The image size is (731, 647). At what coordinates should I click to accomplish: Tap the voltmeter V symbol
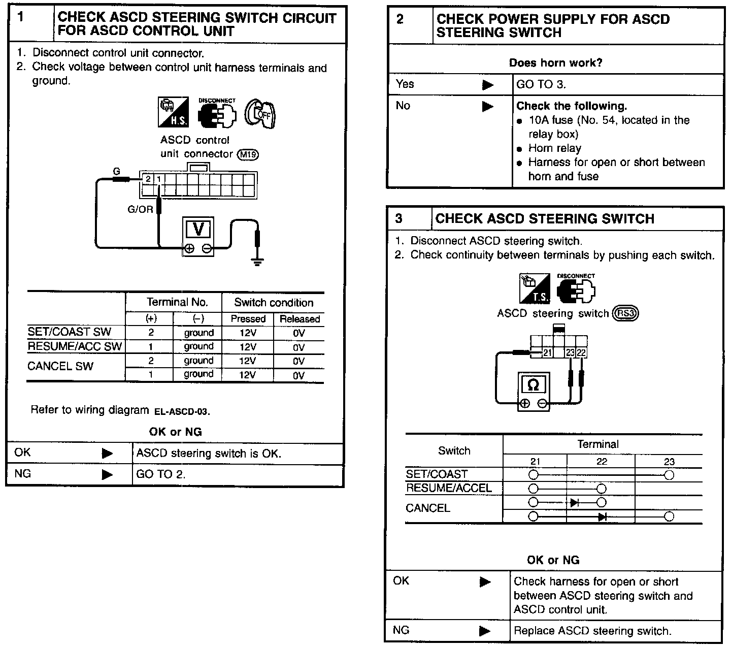[198, 230]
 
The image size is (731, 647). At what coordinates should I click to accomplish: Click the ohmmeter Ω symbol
[533, 385]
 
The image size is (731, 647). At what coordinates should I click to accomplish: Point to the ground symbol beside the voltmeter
[258, 262]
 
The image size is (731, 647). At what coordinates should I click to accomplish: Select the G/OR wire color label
[140, 209]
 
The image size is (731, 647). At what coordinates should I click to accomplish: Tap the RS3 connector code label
[625, 313]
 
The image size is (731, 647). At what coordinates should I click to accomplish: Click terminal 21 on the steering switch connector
[547, 353]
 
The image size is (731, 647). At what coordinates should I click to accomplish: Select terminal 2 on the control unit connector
[148, 179]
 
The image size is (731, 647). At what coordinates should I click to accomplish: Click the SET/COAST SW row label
[69, 332]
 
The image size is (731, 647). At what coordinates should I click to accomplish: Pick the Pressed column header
[248, 319]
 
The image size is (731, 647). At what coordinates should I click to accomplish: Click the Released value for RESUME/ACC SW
[299, 347]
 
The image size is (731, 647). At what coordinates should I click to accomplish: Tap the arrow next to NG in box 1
[107, 474]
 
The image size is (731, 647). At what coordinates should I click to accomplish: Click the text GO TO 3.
[541, 85]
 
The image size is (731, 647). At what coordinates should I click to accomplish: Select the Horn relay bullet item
[554, 148]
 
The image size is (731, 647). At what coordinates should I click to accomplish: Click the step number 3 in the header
[399, 218]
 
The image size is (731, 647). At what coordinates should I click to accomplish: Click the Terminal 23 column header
[669, 462]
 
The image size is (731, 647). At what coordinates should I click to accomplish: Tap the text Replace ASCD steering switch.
[592, 631]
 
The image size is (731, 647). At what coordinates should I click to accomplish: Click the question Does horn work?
[555, 63]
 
